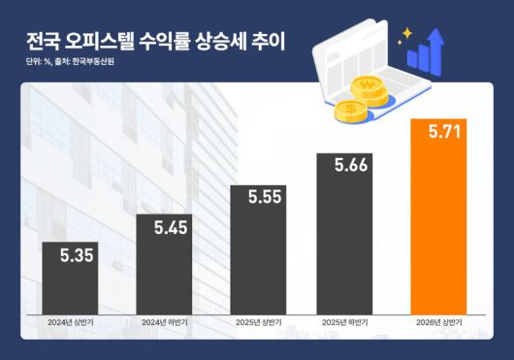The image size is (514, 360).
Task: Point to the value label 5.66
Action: click(351, 166)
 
